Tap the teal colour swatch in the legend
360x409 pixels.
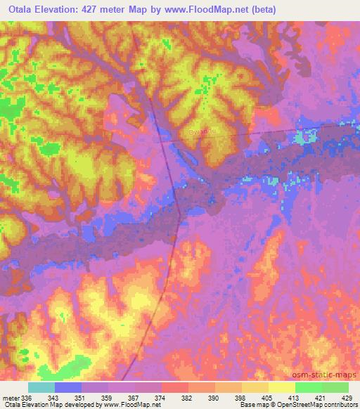tap(41, 387)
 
